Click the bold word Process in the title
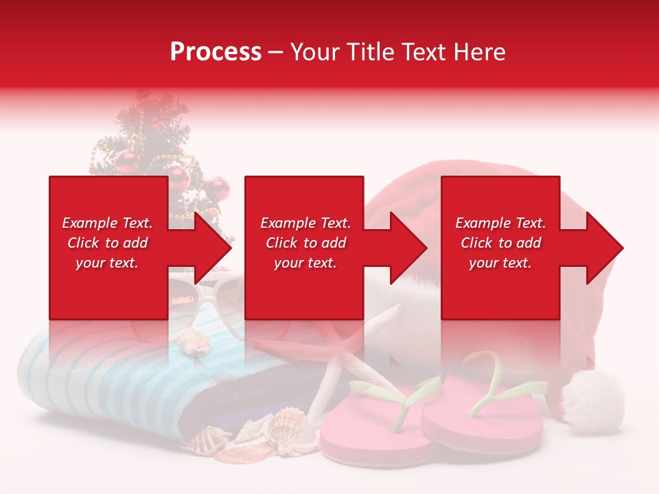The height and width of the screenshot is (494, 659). [x=216, y=51]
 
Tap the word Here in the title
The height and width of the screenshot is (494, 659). [x=480, y=51]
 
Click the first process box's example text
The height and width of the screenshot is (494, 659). [x=107, y=243]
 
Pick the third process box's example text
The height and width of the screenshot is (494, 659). [x=500, y=243]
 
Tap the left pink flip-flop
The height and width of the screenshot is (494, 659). [x=374, y=425]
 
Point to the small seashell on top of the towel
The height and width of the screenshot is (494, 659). [x=194, y=340]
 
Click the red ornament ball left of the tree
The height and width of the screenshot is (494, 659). [x=126, y=162]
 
